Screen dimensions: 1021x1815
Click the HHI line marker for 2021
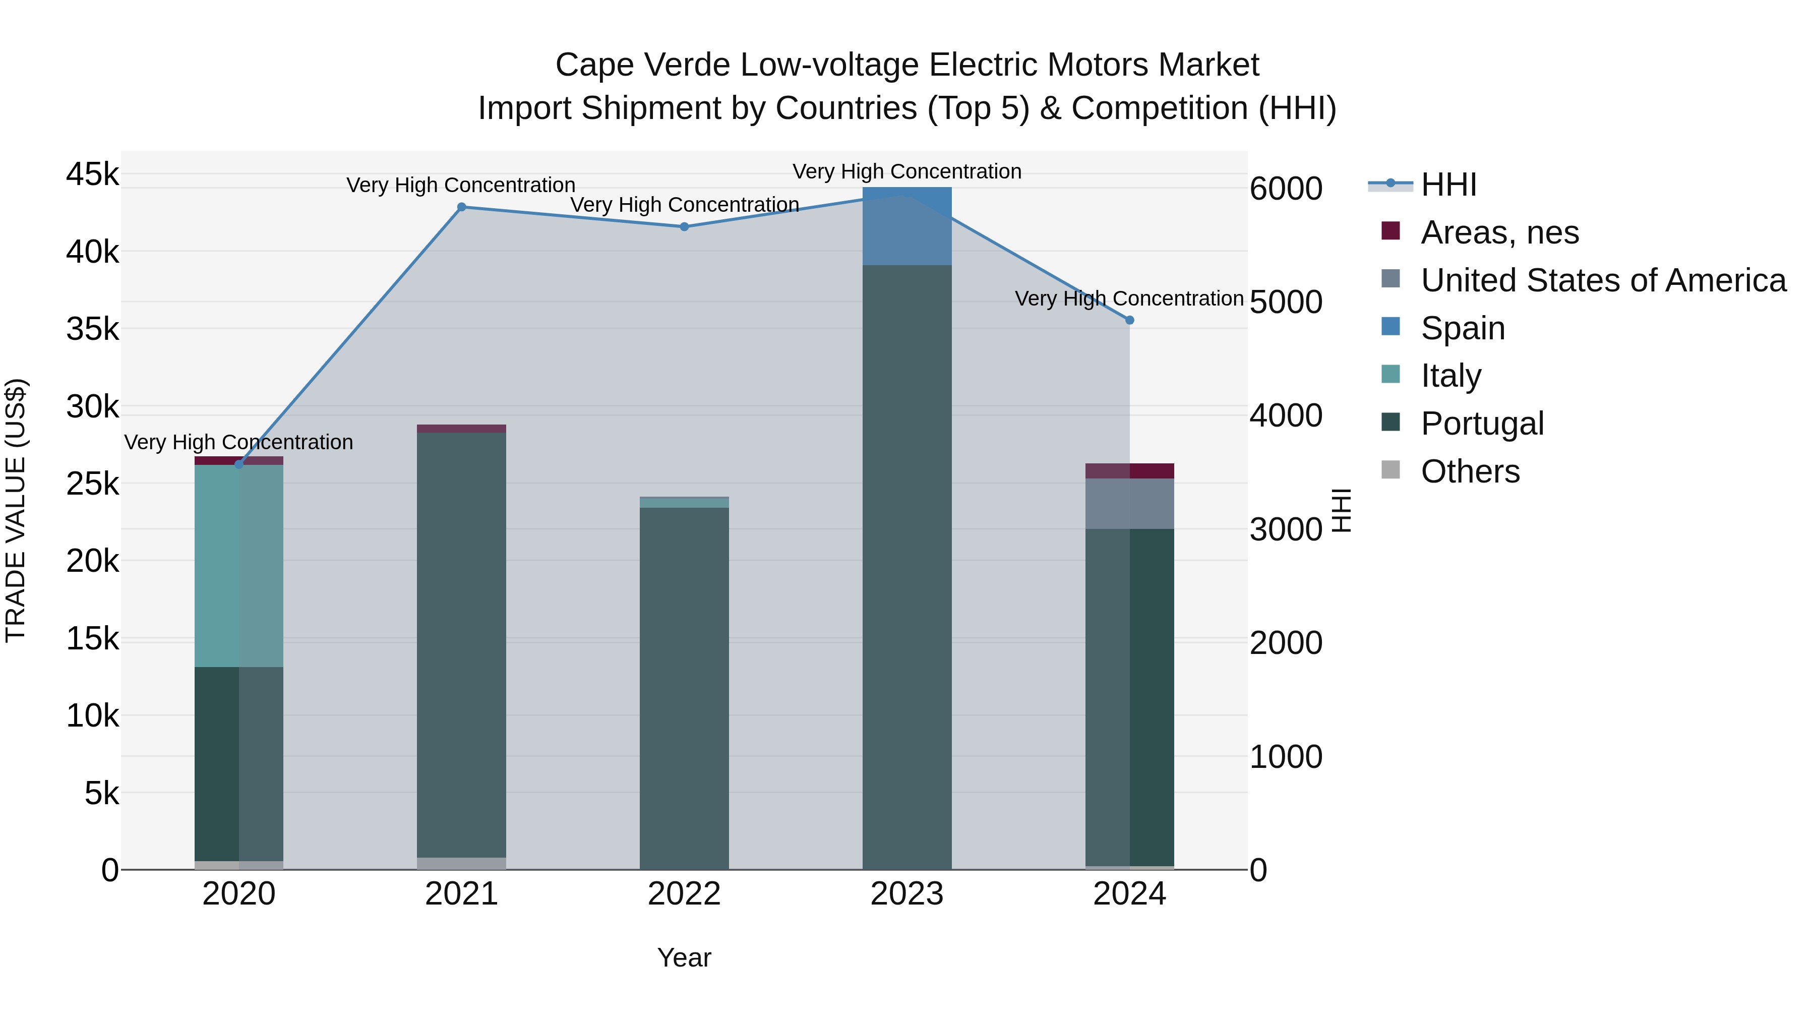[461, 207]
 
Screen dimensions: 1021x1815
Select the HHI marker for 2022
[684, 227]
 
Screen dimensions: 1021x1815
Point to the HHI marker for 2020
[239, 465]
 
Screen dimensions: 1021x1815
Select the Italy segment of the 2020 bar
[239, 566]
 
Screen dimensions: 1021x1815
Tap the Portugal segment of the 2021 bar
[461, 645]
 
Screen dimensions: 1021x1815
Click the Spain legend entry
[1463, 328]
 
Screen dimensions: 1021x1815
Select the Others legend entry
[1470, 471]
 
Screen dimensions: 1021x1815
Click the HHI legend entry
[1448, 185]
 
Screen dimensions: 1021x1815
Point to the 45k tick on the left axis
[93, 174]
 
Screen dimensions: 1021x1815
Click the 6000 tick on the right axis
[1286, 189]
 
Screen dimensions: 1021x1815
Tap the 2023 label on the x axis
[907, 894]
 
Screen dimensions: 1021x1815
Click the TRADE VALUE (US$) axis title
[16, 510]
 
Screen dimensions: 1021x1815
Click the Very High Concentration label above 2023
[907, 172]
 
